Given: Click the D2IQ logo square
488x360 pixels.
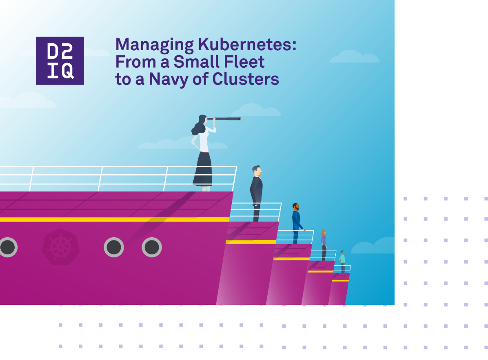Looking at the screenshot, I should point(60,61).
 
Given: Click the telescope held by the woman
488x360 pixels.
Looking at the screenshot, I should point(227,119).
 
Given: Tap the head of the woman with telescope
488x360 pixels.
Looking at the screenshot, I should point(202,120).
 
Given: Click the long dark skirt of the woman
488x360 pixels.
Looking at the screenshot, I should point(203,169).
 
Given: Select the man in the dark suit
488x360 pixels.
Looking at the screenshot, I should point(256,192).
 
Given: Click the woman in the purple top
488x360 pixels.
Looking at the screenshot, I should point(324,244).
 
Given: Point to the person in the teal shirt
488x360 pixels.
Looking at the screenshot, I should point(343,261).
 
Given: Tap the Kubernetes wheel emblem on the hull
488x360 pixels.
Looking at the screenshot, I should point(60,247).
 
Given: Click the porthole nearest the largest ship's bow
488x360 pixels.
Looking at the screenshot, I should point(152,247).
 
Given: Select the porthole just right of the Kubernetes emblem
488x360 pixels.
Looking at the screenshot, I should point(114,247).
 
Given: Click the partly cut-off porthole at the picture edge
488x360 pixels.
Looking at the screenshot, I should point(7,247).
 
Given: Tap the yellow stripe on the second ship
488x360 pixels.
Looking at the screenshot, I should point(251,242).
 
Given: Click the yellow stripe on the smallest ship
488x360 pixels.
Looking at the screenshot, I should point(340,281).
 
